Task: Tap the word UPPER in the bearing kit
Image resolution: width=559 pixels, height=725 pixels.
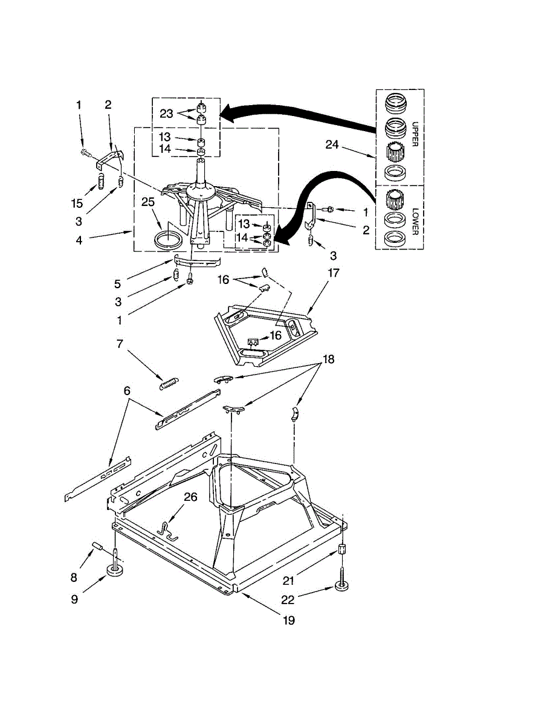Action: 415,133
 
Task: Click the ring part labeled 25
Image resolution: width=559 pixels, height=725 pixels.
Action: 168,239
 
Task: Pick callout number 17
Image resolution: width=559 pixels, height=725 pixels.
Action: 333,273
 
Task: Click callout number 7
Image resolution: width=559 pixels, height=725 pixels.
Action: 120,344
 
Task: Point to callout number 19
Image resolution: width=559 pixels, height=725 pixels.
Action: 289,620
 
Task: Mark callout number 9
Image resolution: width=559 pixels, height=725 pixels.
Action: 74,599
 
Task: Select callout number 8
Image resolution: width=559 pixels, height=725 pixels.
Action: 74,577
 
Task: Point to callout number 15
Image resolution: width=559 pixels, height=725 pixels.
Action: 77,204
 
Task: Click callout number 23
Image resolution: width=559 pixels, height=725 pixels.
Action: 167,113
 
